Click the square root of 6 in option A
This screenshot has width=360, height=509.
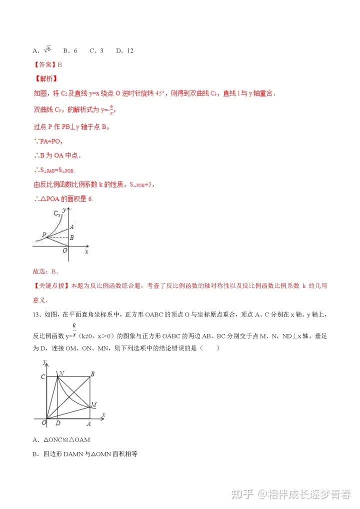[x=47, y=50]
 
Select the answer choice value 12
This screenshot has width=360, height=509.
[x=130, y=50]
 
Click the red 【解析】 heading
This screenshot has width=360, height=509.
[x=45, y=79]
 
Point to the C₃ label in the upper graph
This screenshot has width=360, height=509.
[x=56, y=213]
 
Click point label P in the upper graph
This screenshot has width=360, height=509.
[x=44, y=234]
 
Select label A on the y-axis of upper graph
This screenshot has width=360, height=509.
[x=72, y=226]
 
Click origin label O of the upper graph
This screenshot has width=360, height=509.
[x=64, y=250]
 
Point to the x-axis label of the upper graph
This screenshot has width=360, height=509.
[x=86, y=251]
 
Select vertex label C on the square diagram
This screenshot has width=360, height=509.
[x=42, y=376]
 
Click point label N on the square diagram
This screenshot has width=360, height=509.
[x=61, y=373]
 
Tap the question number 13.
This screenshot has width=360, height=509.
[x=35, y=314]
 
